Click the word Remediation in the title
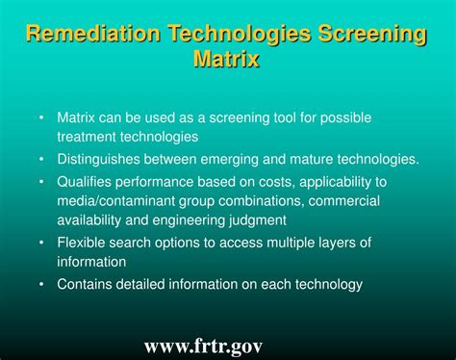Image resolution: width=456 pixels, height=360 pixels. (x=92, y=37)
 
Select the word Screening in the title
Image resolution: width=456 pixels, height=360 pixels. (x=368, y=37)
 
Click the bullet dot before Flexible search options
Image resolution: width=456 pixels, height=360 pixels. (x=41, y=243)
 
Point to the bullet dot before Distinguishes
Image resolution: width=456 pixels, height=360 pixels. (x=41, y=159)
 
